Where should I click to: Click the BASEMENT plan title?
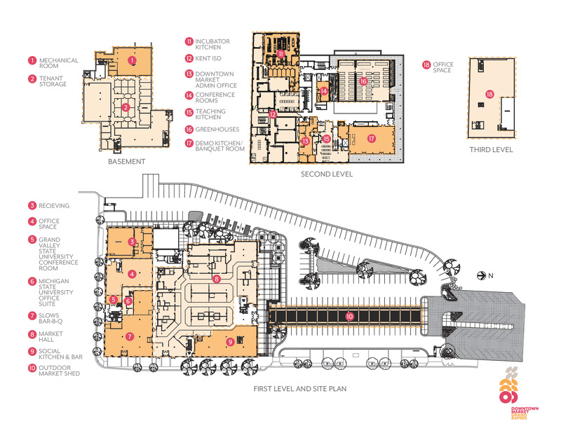[x=127, y=162]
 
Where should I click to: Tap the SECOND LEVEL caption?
[x=327, y=174]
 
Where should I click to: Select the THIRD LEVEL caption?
[x=492, y=150]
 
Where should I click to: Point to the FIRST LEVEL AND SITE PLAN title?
[x=300, y=389]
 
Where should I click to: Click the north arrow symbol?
[x=482, y=275]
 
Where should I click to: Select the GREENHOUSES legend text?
[x=217, y=130]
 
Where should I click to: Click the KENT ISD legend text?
[x=208, y=58]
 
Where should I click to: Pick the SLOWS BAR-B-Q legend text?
[x=50, y=318]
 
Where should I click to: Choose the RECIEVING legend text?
[x=54, y=205]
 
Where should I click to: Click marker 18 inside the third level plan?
[x=489, y=95]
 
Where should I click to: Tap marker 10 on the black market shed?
[x=349, y=316]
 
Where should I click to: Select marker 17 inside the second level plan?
[x=372, y=138]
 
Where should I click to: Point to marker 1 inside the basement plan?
[x=133, y=60]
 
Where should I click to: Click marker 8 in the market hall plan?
[x=216, y=279]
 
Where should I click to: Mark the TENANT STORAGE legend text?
[x=53, y=81]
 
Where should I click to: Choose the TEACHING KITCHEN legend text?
[x=210, y=114]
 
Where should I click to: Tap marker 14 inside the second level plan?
[x=323, y=91]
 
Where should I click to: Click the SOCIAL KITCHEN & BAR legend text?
[x=60, y=354]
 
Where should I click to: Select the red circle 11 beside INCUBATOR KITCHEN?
[x=189, y=41]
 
